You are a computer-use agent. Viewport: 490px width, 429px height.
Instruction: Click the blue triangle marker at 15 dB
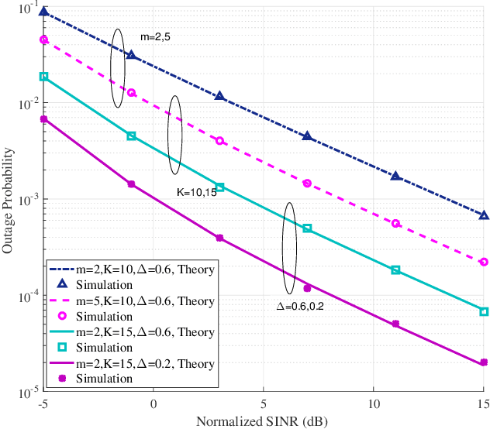pyautogui.click(x=484, y=215)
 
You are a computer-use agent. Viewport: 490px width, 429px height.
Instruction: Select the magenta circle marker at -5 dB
pyautogui.click(x=43, y=39)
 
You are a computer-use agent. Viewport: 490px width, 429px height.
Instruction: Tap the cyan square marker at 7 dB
pyautogui.click(x=307, y=228)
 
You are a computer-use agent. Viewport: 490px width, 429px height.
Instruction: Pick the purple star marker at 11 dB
pyautogui.click(x=395, y=324)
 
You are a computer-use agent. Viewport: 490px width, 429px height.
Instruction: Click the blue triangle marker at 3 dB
pyautogui.click(x=219, y=96)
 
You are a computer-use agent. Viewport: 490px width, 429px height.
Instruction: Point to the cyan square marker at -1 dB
pyautogui.click(x=131, y=136)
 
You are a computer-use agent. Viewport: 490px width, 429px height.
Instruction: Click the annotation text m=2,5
pyautogui.click(x=154, y=36)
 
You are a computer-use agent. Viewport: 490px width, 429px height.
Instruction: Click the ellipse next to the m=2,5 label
pyautogui.click(x=118, y=68)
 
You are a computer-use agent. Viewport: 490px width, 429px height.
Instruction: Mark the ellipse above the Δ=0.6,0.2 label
pyautogui.click(x=289, y=248)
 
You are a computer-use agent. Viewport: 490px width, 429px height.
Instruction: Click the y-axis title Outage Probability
pyautogui.click(x=9, y=202)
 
